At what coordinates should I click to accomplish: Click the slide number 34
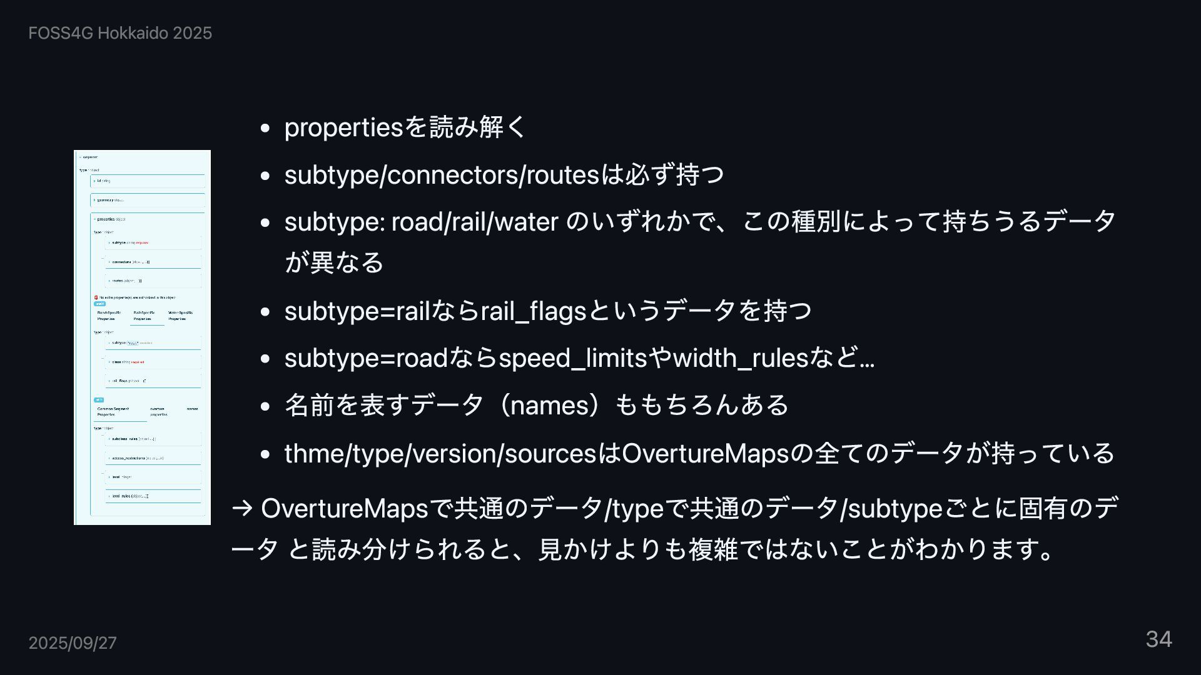(1158, 639)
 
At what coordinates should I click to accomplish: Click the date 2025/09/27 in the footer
(73, 643)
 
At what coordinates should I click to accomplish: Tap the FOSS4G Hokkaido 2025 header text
(120, 33)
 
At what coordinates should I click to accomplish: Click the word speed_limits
(572, 358)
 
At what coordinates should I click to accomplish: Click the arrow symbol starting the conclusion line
(241, 508)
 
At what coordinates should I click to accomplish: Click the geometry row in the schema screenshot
(109, 200)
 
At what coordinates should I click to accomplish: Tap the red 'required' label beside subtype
(142, 242)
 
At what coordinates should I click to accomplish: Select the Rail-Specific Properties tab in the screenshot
(144, 316)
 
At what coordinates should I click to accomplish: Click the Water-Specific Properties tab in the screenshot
(180, 316)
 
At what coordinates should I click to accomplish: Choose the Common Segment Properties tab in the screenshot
(113, 411)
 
